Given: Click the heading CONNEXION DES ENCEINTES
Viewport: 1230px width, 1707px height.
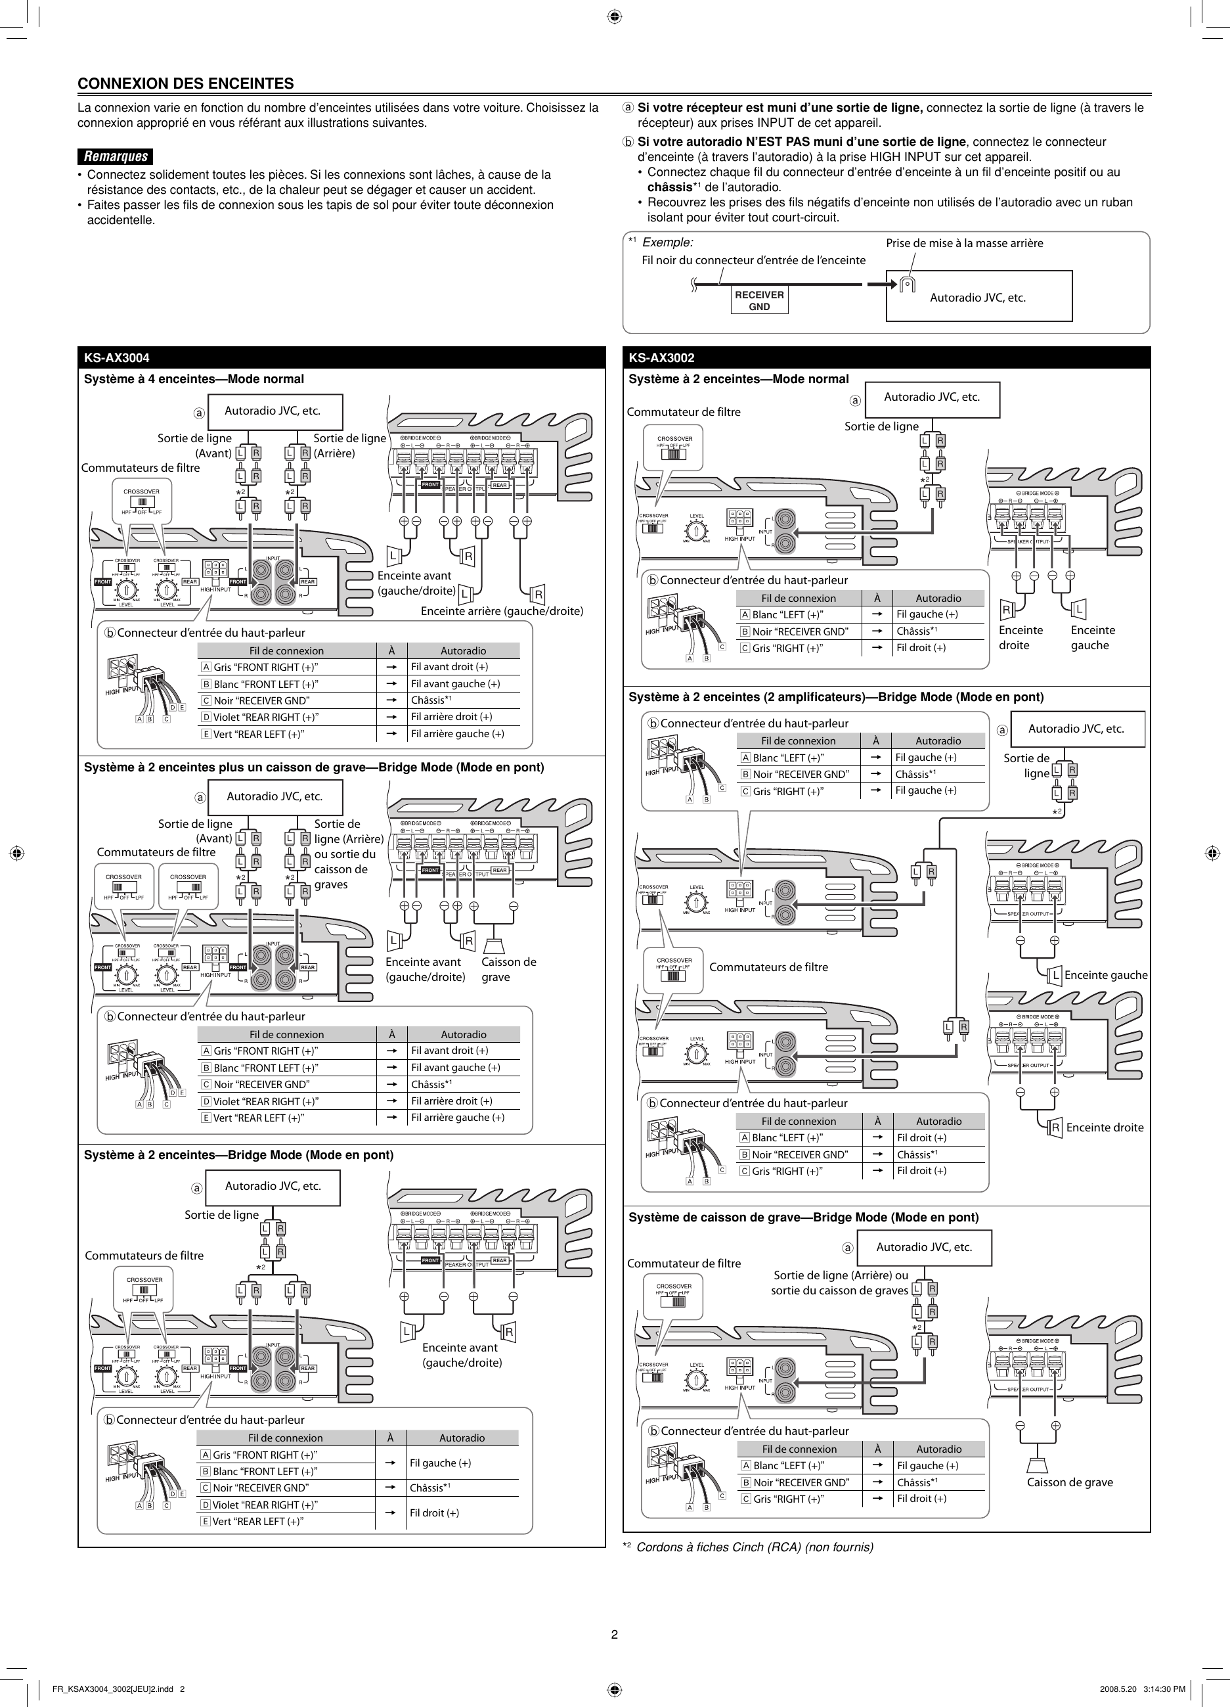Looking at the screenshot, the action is (186, 83).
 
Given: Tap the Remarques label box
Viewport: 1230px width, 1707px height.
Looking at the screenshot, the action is (115, 156).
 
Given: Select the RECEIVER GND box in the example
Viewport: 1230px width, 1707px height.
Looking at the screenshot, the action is (759, 301).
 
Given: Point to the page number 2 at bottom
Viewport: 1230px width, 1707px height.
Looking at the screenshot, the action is (615, 1634).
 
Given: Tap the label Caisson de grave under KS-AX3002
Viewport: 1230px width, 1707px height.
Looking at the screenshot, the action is (1069, 1482).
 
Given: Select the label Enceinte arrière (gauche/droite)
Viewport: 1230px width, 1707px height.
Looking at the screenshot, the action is (502, 610).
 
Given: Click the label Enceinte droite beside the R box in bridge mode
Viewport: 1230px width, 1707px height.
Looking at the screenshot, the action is (1105, 1127).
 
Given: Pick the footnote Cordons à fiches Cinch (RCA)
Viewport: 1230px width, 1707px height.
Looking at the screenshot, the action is (755, 1547).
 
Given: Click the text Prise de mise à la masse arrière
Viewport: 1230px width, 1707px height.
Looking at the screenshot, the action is (963, 242).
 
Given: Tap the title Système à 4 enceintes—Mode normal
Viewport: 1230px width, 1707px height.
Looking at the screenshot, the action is (194, 378).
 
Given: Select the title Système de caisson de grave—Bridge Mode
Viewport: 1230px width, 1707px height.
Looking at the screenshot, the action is (803, 1217).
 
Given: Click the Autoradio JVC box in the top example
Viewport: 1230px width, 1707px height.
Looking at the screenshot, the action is (978, 296).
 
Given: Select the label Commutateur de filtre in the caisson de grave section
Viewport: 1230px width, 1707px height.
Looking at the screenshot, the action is (684, 1263).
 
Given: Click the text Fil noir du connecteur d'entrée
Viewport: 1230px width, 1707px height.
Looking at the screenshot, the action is (753, 260).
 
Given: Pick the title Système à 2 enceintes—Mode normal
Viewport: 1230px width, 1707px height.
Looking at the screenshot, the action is (738, 378).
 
